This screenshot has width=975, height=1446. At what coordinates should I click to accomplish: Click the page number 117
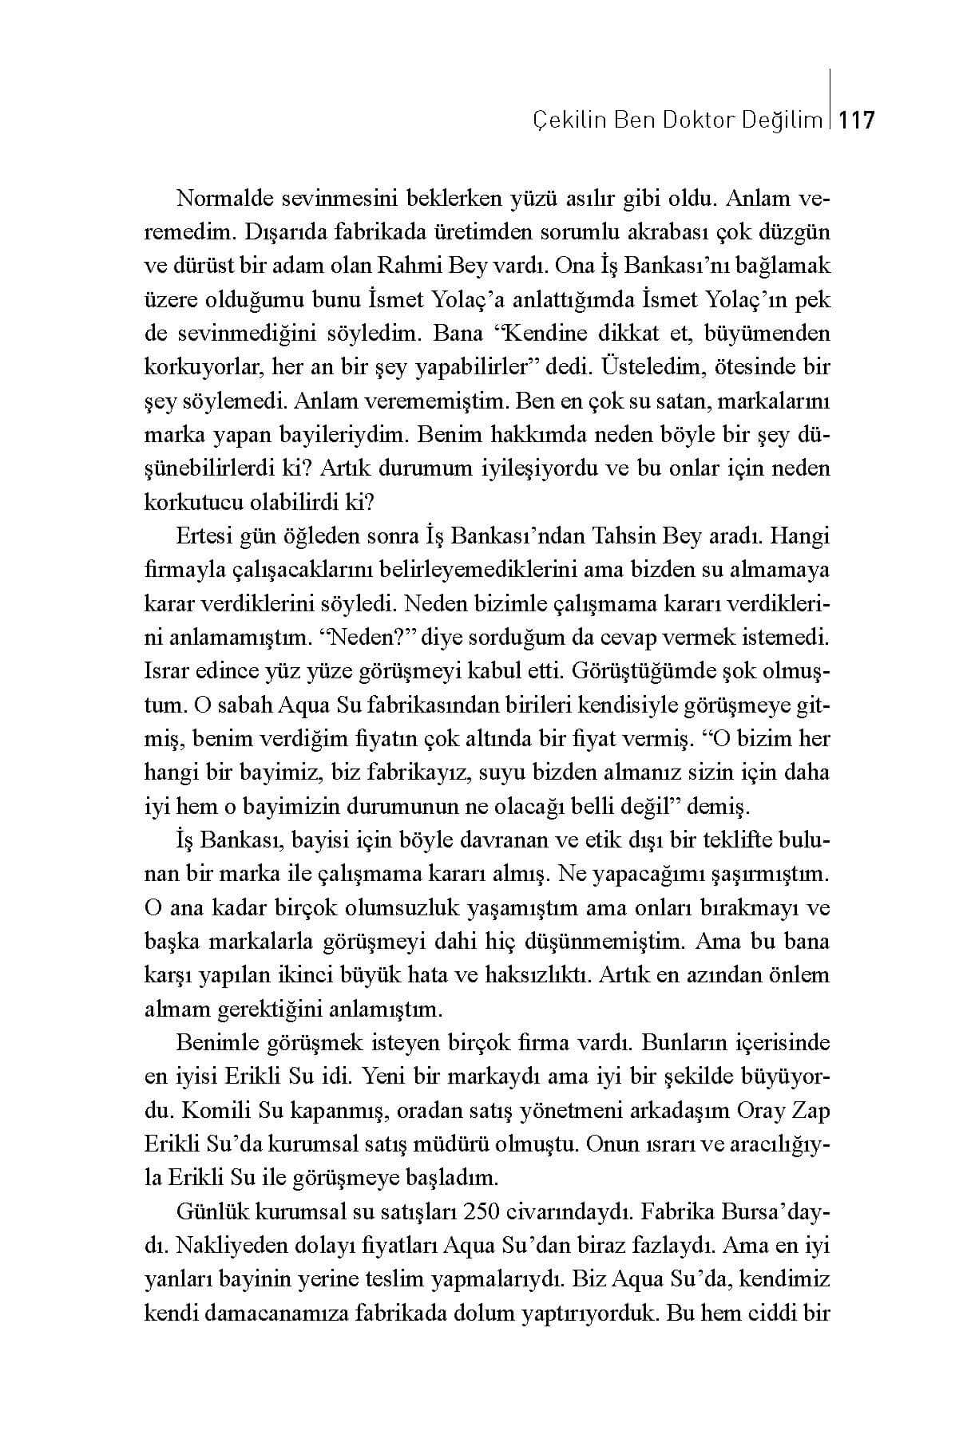[858, 120]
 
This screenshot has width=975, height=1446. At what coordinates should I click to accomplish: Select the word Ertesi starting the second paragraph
[204, 536]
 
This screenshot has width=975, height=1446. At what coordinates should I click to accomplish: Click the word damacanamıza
[283, 1314]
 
